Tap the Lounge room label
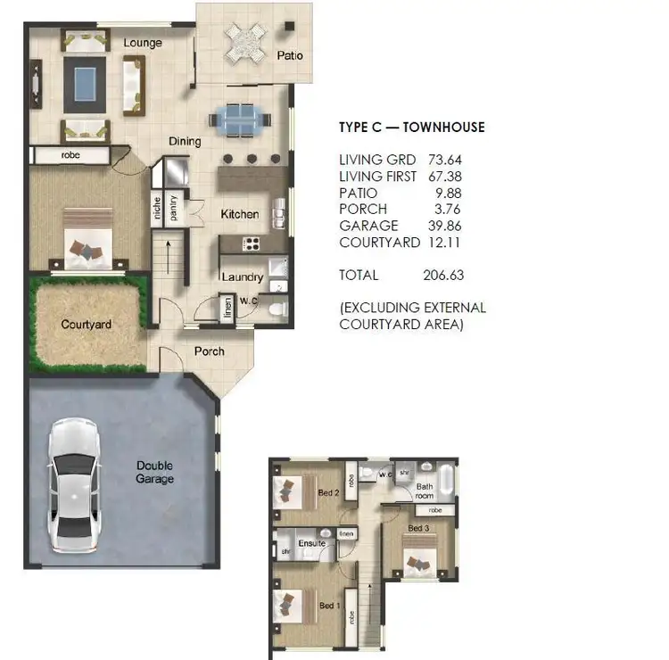point(143,42)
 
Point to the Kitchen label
point(240,214)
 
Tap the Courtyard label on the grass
point(87,325)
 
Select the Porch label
point(209,351)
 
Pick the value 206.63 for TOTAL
point(443,276)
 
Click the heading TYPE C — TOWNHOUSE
point(412,128)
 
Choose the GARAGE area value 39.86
point(443,226)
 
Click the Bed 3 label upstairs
point(418,529)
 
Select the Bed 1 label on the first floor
point(329,606)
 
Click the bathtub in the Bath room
point(448,482)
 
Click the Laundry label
point(242,277)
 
